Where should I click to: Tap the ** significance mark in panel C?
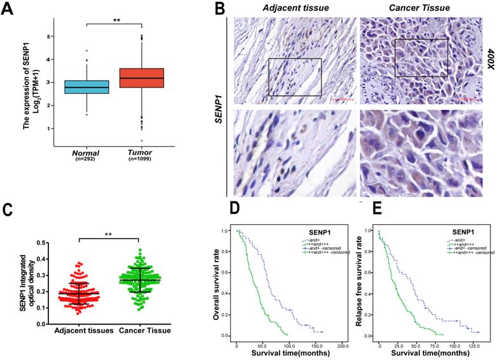tap(112, 234)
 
